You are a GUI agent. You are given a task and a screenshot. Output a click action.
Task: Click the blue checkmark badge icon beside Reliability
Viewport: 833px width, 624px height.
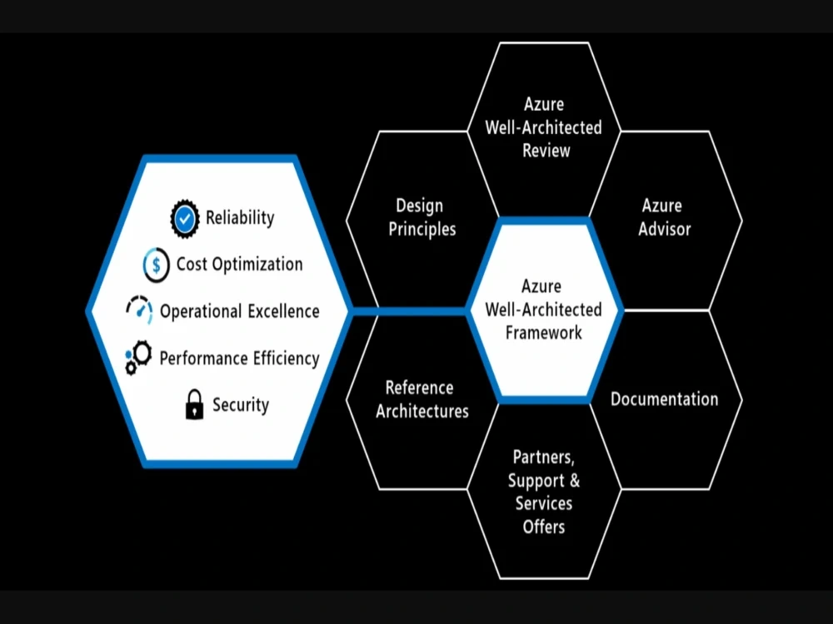pos(185,218)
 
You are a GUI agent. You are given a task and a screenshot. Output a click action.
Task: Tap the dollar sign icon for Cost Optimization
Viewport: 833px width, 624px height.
pos(157,265)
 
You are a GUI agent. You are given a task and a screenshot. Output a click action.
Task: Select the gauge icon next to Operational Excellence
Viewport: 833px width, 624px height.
pos(140,310)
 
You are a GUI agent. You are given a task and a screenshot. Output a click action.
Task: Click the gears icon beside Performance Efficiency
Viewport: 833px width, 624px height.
pos(139,358)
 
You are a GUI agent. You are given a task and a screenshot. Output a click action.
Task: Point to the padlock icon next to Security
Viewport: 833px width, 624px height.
pos(194,404)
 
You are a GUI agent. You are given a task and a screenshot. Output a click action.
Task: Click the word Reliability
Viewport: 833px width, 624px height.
pos(240,218)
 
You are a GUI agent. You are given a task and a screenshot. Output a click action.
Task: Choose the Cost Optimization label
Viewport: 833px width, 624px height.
pos(239,265)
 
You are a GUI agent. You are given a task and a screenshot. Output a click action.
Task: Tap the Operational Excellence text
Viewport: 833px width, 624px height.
pos(239,311)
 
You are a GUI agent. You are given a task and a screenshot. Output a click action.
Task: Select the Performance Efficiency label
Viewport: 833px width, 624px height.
pos(239,359)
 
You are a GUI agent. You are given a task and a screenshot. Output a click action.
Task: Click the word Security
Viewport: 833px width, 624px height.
pos(241,405)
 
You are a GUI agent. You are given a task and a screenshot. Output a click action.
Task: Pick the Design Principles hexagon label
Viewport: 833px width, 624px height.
pos(422,217)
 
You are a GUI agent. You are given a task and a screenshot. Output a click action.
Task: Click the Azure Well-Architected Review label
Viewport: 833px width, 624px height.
pos(544,127)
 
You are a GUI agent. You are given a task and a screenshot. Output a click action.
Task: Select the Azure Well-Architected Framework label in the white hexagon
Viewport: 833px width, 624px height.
pos(544,310)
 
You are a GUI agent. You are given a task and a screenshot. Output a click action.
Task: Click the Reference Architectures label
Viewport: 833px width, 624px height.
pos(422,399)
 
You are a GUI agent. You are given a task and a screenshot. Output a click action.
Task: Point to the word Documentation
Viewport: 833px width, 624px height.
pos(665,399)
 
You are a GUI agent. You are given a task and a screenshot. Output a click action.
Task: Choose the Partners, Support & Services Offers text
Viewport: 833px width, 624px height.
pos(544,492)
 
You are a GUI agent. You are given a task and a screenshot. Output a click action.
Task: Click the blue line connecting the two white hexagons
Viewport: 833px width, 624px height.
pos(408,312)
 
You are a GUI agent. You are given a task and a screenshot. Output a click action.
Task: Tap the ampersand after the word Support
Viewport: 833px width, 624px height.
pos(574,481)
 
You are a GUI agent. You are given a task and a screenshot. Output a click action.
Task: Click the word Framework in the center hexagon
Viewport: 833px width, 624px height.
pos(544,333)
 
